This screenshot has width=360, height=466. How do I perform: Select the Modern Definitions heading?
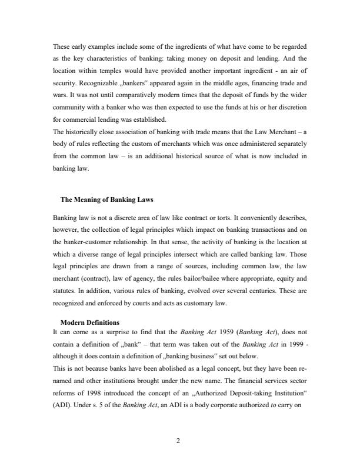pyautogui.click(x=90, y=323)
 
